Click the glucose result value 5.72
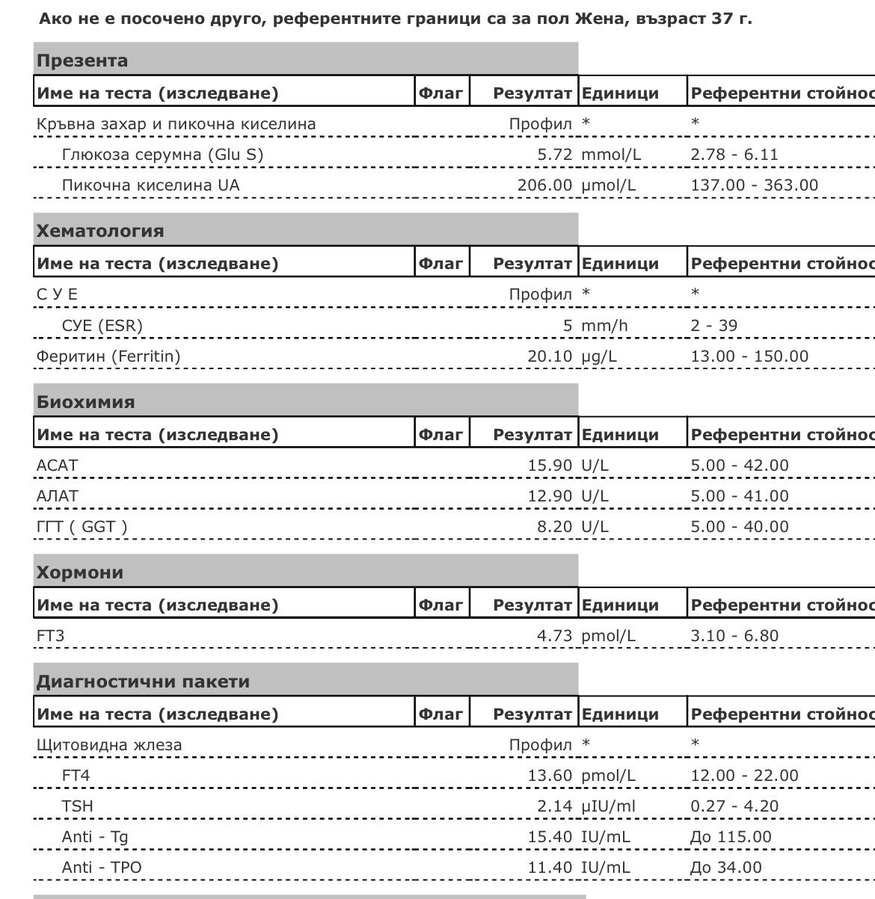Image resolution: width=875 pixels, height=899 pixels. point(554,155)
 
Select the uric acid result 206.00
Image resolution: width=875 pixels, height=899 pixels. point(544,185)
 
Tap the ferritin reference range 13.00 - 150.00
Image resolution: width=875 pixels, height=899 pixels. point(749,356)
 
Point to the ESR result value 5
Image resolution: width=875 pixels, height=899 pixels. point(568,326)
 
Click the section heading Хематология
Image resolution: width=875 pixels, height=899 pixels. point(100,231)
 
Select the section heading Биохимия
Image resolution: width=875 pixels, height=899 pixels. point(85,402)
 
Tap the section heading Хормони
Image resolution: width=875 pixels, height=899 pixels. point(80,573)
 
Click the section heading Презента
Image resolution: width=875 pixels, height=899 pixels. point(82,61)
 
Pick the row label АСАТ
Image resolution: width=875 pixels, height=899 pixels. point(57,466)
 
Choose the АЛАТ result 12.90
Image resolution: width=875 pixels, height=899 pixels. point(550,496)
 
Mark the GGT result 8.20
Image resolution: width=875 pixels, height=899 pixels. point(554,527)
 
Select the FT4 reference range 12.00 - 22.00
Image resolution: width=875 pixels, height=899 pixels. point(744,776)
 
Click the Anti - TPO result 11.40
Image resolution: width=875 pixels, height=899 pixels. point(550,868)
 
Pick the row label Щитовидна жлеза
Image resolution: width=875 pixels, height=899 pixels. point(109,745)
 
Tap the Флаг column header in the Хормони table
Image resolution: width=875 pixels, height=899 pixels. point(441,605)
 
